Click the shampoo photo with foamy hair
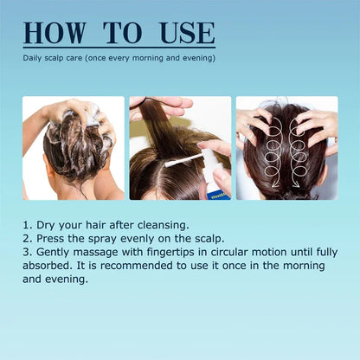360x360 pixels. click(74, 148)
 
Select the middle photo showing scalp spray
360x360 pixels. click(180, 148)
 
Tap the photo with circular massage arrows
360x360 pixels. click(286, 148)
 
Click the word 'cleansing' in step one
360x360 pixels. click(161, 225)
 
